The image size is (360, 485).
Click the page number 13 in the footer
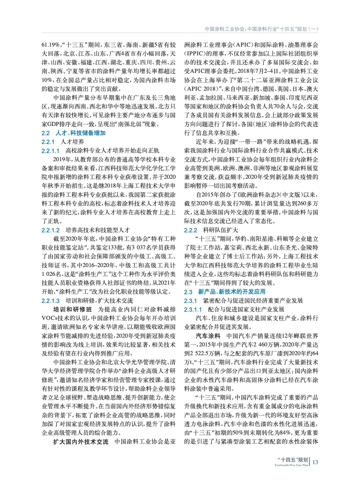click(x=315, y=462)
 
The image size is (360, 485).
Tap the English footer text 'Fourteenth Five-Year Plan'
click(x=291, y=465)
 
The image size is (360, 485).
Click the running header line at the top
click(x=261, y=29)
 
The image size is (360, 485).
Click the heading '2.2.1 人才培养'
click(x=63, y=142)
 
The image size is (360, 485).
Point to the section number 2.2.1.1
click(x=50, y=151)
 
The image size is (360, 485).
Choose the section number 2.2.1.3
click(x=50, y=301)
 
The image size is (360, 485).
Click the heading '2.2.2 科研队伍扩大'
click(x=211, y=230)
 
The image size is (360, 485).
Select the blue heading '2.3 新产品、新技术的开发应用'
click(x=224, y=292)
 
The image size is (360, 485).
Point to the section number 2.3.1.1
click(x=193, y=309)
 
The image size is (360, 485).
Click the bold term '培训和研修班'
click(x=72, y=309)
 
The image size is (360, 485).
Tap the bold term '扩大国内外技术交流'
click(x=81, y=442)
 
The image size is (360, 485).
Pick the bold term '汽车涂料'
click(x=208, y=336)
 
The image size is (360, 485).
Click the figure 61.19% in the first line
click(x=51, y=45)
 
